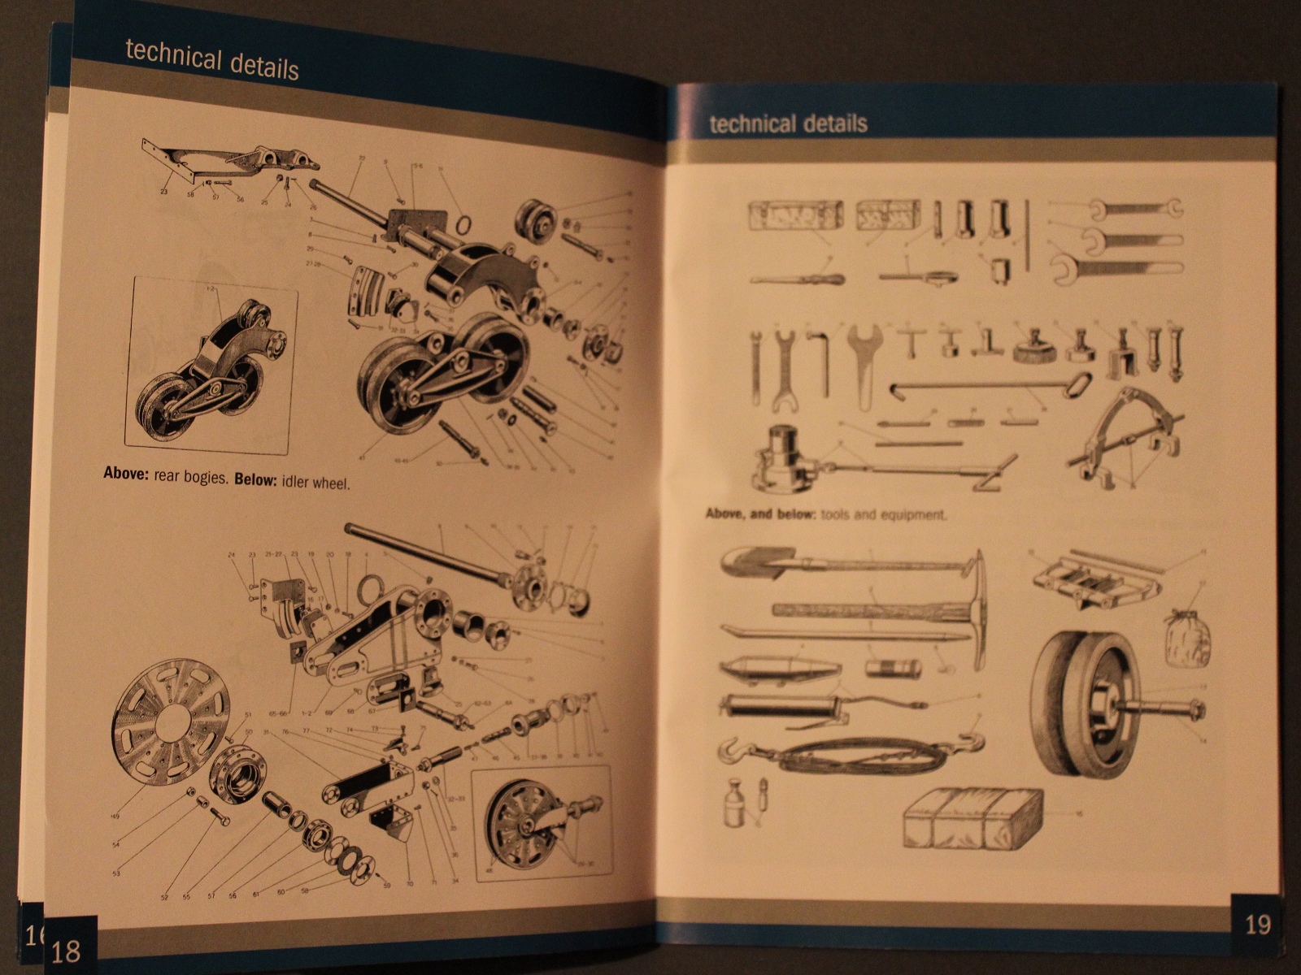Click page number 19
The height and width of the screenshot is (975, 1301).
coord(1257,925)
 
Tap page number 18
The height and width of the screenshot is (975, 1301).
coord(66,950)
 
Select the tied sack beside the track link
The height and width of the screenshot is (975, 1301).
coord(1186,639)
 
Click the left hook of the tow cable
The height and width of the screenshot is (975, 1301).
coord(732,751)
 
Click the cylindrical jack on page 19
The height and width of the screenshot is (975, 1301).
coord(785,459)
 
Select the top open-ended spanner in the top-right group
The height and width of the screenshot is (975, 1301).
coord(1135,209)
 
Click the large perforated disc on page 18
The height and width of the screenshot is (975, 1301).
coord(170,721)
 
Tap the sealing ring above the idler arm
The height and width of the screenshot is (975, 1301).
coord(371,587)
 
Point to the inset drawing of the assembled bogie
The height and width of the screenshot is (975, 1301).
coord(211,363)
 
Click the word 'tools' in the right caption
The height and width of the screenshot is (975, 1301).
coord(835,514)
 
